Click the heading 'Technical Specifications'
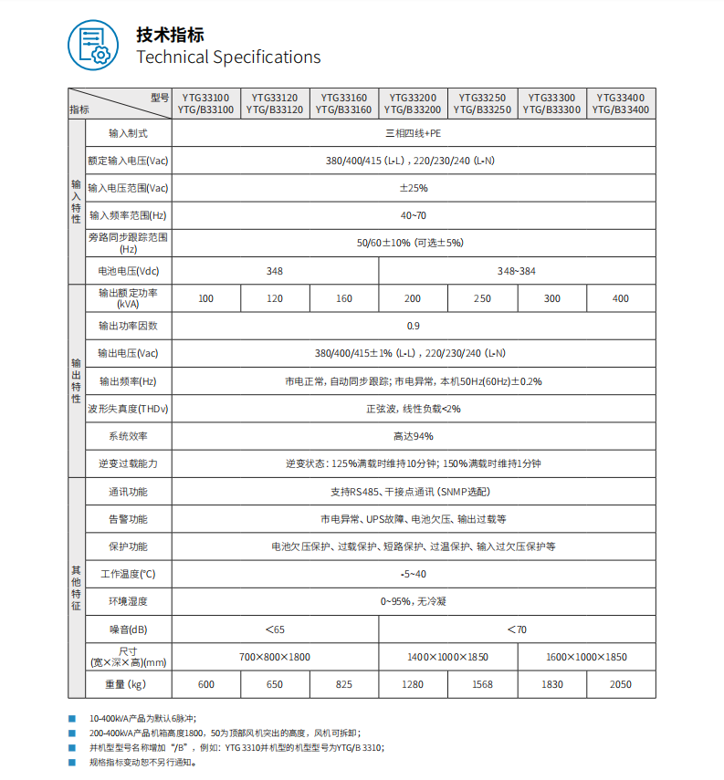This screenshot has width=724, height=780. point(228,57)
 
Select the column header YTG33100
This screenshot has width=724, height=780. point(205,96)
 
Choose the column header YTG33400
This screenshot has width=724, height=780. point(621,96)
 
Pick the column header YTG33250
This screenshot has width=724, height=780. point(482,96)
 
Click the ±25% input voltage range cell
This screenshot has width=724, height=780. point(413,188)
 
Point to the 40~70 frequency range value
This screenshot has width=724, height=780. point(413,215)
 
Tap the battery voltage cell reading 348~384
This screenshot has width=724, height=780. point(517,271)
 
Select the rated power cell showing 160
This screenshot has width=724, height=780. point(344,298)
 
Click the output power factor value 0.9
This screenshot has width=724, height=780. point(413,326)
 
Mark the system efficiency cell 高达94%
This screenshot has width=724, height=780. point(413,436)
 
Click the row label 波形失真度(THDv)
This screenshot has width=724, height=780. point(128,409)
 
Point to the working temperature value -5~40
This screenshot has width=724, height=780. point(413,574)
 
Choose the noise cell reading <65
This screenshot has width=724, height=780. point(275,629)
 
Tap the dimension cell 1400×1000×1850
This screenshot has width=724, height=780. point(447,657)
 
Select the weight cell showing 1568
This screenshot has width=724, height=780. point(482,684)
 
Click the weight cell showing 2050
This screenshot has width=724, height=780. point(621,684)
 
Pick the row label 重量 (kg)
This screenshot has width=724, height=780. point(128,684)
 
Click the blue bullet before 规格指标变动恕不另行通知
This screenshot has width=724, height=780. point(72,761)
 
